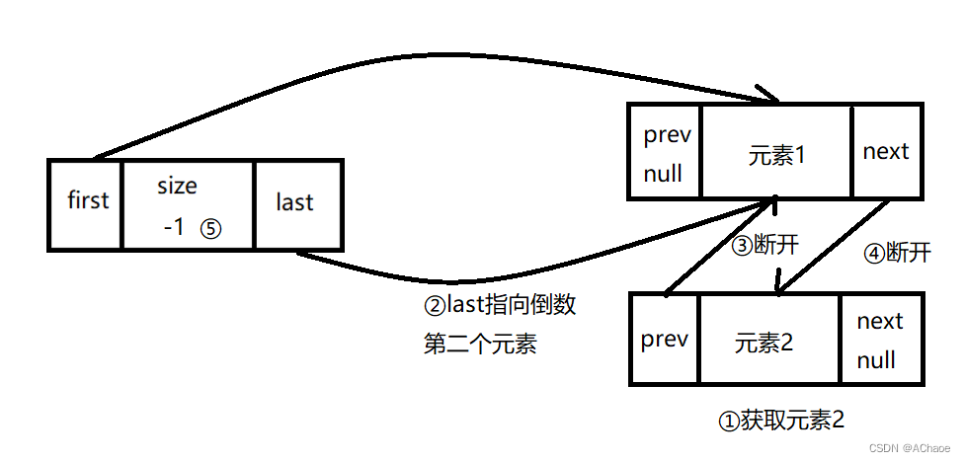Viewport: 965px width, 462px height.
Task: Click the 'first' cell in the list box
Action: (87, 200)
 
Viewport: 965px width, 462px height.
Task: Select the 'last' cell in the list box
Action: (294, 202)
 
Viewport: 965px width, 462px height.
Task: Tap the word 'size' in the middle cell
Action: (177, 186)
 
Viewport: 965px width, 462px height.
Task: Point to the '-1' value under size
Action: (174, 227)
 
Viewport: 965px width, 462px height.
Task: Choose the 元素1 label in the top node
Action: (777, 155)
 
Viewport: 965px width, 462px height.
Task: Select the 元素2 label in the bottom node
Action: (765, 343)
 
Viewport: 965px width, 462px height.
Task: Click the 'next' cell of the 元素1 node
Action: (885, 151)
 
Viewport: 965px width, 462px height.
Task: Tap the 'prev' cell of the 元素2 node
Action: (664, 340)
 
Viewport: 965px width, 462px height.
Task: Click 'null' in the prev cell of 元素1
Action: (663, 175)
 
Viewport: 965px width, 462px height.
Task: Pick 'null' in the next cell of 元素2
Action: (876, 360)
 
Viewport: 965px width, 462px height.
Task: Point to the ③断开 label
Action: (764, 246)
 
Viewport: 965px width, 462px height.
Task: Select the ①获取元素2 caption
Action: (780, 421)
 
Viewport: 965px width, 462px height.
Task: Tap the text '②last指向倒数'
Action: (499, 305)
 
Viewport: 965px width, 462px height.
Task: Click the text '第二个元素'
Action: (480, 345)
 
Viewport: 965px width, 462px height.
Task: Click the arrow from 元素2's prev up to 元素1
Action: (718, 248)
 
